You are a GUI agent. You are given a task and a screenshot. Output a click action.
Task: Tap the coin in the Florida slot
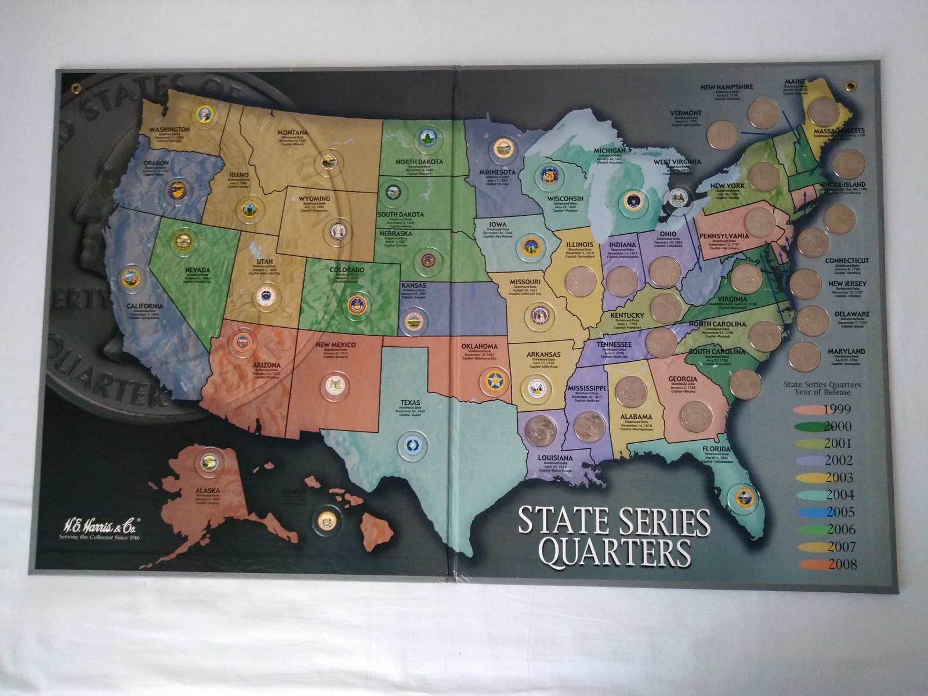coord(743,496)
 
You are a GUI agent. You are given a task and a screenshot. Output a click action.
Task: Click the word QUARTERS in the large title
coord(618,553)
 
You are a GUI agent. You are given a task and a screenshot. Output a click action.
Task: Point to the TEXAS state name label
coord(410,402)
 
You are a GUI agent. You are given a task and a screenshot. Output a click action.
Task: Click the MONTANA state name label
coord(300,133)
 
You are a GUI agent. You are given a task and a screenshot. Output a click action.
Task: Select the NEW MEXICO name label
coord(336,346)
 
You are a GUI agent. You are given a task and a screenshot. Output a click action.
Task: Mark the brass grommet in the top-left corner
coord(76,89)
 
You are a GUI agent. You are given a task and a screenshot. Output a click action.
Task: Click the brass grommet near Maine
coord(851,87)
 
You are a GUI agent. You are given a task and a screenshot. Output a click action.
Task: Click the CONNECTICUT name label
coord(846,261)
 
